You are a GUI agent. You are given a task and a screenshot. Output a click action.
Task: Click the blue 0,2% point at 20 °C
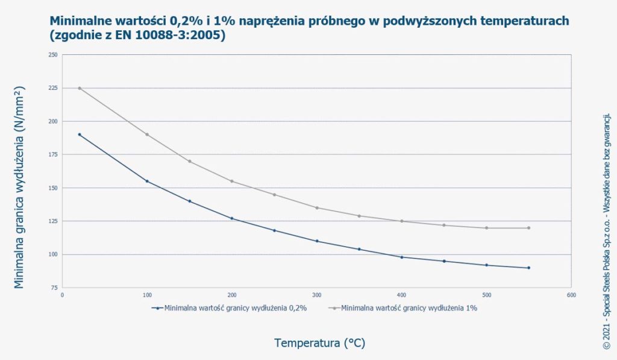[80, 134]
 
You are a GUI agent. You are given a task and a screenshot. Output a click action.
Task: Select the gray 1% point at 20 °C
[80, 88]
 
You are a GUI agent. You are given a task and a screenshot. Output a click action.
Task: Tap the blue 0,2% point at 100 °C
[147, 181]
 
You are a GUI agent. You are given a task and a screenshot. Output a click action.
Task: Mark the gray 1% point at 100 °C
[147, 134]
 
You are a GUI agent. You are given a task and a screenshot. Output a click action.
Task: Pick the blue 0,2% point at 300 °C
[317, 241]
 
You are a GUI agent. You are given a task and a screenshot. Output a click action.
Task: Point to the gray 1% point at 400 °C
[402, 221]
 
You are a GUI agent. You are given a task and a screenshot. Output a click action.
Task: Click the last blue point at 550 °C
[529, 268]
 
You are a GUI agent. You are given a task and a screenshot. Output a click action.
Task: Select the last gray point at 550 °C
[529, 228]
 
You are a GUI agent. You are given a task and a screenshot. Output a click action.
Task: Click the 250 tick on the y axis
[53, 55]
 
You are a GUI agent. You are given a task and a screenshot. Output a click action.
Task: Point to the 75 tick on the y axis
[54, 288]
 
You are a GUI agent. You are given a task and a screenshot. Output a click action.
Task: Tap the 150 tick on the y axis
[53, 188]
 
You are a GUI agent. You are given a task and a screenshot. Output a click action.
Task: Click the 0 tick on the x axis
[63, 295]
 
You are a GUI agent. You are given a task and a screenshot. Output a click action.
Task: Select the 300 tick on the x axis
[317, 295]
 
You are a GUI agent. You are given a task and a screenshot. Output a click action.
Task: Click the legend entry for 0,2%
[235, 308]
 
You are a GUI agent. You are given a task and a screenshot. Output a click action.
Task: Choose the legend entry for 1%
[410, 308]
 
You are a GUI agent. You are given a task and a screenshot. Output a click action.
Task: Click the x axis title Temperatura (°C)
[319, 343]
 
